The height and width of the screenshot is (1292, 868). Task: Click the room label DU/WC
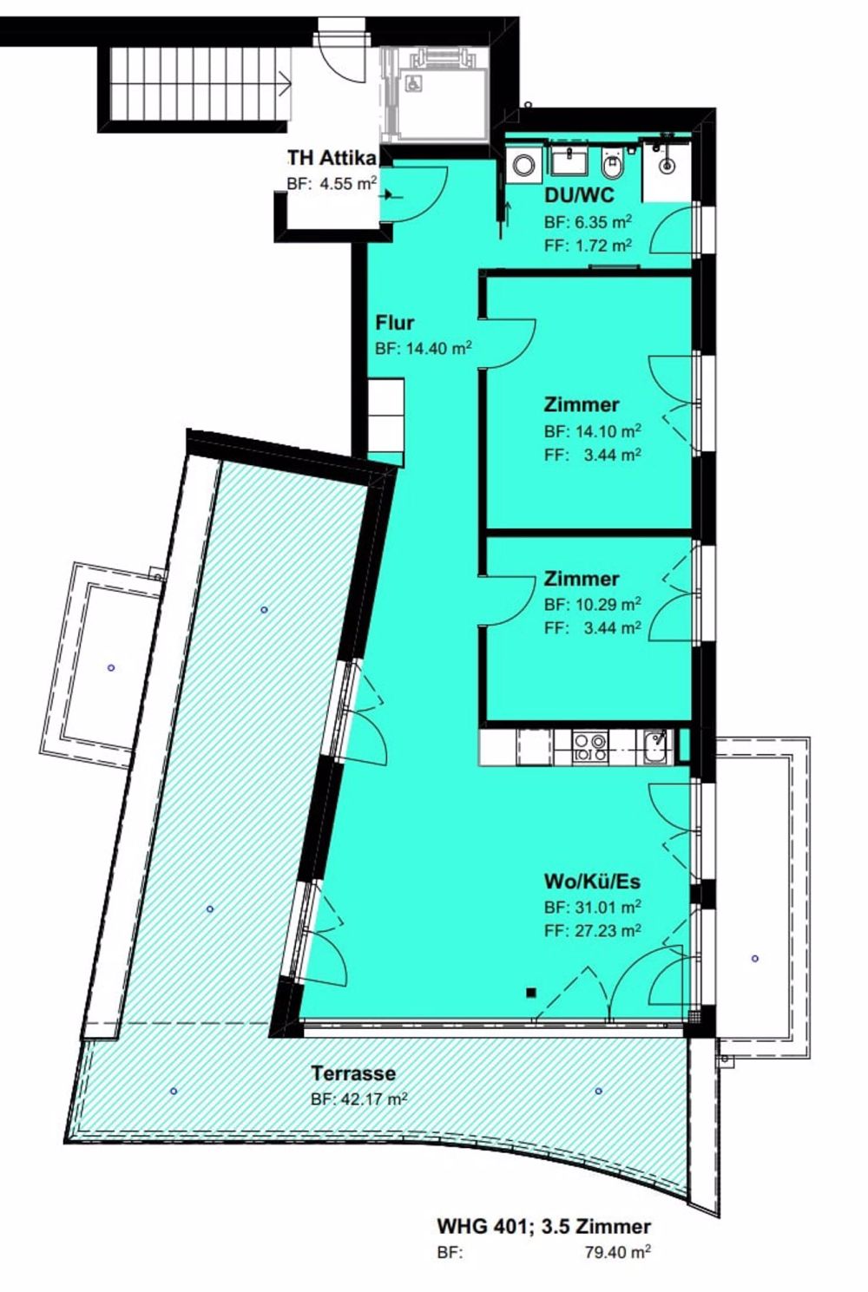(579, 196)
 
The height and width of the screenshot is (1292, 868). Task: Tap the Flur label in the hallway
(394, 323)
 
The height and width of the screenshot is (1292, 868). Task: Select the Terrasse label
(353, 1073)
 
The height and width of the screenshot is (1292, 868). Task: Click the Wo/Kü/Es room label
(592, 882)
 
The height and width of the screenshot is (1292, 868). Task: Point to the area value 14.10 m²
(604, 430)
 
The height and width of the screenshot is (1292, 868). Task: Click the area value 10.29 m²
(604, 604)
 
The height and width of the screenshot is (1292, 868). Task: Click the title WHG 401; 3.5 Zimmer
(543, 1226)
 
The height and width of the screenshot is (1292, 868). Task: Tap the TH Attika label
(332, 159)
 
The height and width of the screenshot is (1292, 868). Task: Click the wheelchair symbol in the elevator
(415, 83)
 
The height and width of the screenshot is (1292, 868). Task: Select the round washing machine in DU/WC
(524, 164)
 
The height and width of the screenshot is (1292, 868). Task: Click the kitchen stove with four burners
(591, 748)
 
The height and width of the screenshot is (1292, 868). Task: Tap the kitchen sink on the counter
(655, 744)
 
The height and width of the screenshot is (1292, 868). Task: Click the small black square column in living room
(530, 993)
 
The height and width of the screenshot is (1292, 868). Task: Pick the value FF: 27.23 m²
(592, 930)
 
